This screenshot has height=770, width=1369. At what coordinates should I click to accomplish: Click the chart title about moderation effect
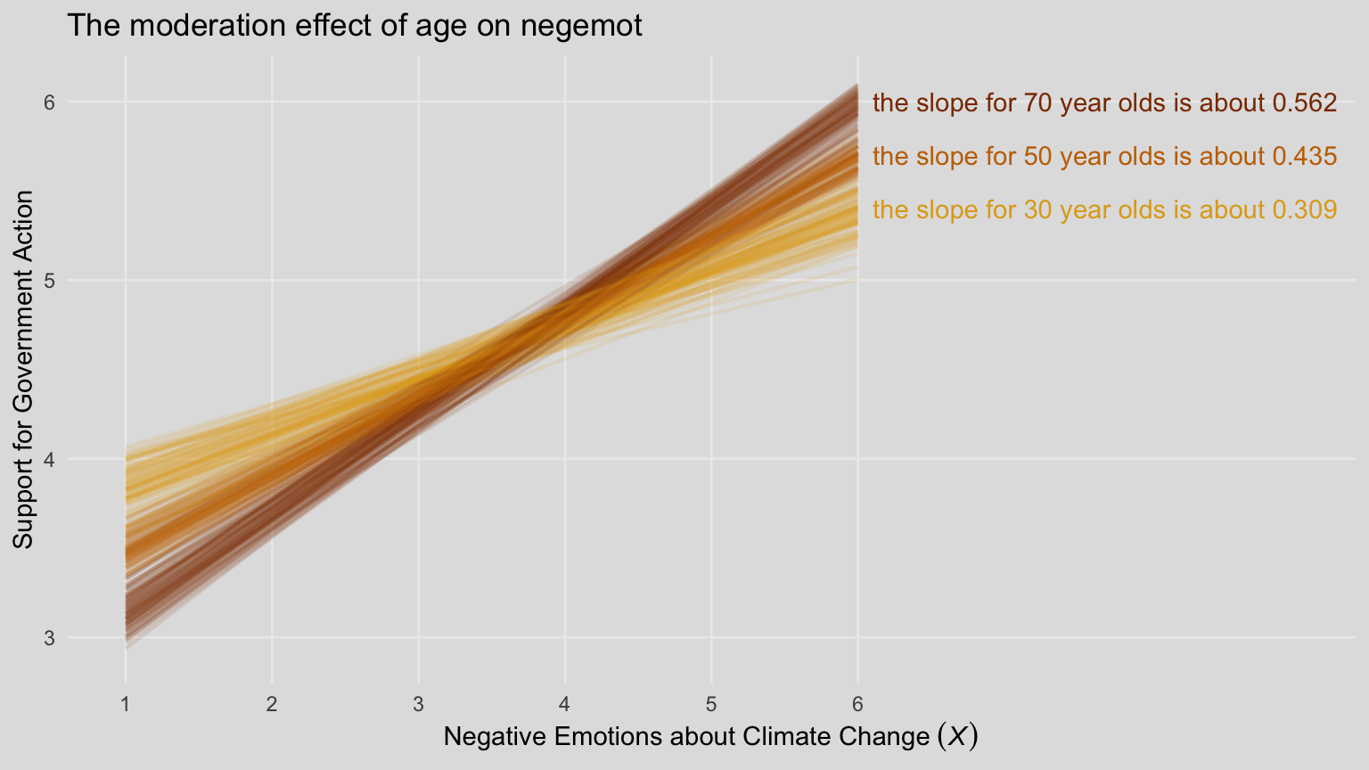[354, 26]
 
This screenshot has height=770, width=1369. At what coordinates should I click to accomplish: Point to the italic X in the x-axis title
[955, 737]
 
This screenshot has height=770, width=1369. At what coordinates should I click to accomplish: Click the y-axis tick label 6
[50, 102]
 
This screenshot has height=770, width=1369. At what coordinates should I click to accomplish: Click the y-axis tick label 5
[50, 281]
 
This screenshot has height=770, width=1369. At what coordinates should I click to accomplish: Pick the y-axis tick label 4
[50, 460]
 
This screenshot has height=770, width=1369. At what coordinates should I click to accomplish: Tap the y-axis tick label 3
[50, 638]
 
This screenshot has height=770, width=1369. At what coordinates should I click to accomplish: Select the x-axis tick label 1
[126, 705]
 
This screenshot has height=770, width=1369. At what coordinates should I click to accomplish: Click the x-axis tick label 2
[272, 705]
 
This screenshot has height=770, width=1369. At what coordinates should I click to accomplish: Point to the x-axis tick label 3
[418, 705]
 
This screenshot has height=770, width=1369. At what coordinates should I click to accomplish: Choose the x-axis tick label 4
[565, 705]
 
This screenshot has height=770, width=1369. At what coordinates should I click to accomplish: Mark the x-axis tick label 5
[711, 705]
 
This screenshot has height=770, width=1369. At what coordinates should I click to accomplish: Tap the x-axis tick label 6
[857, 705]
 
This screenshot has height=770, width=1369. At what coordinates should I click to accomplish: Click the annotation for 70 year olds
[1104, 103]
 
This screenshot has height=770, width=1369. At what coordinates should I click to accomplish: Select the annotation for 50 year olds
[1104, 157]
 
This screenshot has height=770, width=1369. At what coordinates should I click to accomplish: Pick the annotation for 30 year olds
[1104, 210]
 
